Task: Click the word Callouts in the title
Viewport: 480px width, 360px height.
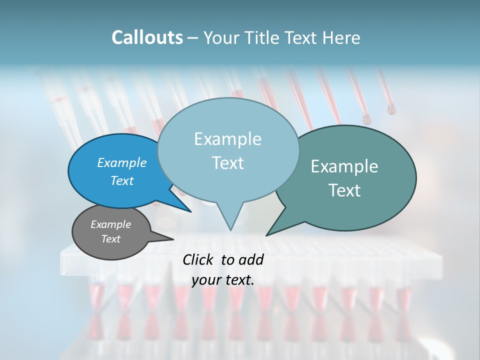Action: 147,37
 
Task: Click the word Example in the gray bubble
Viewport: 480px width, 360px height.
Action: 111,224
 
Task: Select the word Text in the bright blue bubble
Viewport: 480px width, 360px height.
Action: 122,180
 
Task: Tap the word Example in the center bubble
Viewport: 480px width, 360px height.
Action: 227,139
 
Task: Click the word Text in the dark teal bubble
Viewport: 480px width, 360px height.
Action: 345,190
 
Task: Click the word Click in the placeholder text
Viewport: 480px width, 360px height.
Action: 199,259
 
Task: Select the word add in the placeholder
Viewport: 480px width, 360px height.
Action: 251,259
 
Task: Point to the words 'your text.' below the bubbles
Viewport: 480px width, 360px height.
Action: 223,279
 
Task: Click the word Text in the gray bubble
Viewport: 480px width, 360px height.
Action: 111,239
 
